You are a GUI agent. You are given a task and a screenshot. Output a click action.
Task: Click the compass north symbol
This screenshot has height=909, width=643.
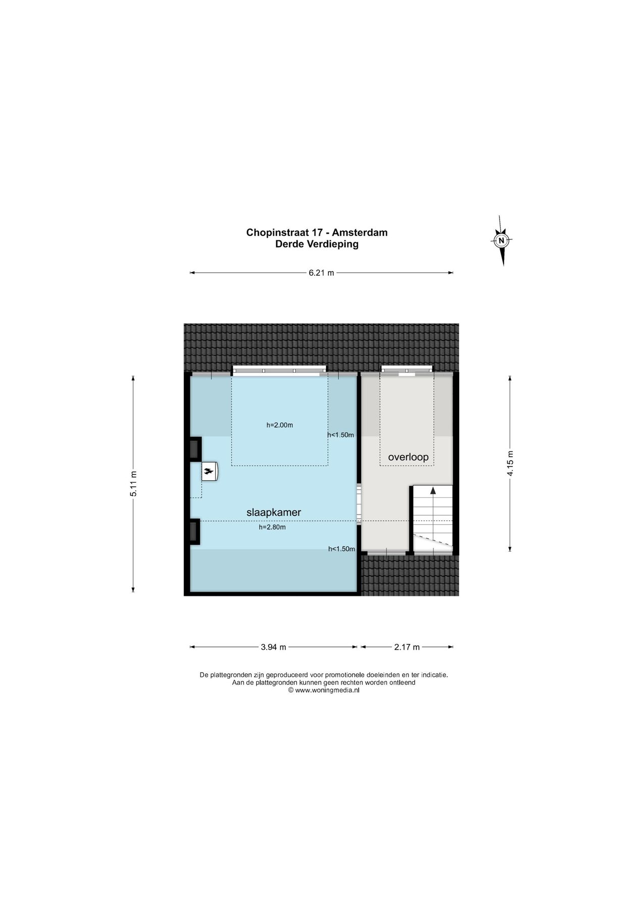point(501,240)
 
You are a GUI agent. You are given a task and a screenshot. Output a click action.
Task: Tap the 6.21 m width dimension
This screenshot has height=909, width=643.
point(321,273)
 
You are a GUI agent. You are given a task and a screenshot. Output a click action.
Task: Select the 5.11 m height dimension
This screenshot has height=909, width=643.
point(133,484)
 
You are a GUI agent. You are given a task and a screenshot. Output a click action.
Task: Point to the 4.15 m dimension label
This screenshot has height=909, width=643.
point(510,463)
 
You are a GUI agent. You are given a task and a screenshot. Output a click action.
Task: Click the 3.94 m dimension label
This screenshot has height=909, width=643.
point(273,647)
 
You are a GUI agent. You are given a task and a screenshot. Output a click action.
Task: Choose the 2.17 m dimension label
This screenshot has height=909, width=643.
point(407,647)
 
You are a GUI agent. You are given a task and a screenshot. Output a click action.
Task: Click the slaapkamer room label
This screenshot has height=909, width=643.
point(273,512)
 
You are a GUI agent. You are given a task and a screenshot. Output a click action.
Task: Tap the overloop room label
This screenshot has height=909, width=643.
point(408,457)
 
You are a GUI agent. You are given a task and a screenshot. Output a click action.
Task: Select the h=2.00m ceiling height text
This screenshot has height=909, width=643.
point(279,425)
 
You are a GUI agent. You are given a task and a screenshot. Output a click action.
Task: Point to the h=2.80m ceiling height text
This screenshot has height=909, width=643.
point(272,527)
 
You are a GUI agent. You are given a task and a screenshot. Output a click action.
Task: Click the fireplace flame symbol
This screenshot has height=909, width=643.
point(208,472)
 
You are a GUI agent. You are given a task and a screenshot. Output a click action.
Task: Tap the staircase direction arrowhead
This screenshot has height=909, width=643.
point(433,490)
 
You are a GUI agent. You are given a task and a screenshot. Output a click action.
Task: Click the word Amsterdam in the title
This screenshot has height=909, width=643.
point(360,233)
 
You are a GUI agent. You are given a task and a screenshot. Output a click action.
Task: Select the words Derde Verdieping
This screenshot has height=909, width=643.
point(317,244)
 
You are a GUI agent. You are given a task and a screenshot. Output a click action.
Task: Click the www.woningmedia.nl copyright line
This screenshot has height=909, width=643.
point(324,690)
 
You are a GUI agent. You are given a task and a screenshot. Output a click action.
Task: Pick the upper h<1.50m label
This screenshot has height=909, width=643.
point(340,435)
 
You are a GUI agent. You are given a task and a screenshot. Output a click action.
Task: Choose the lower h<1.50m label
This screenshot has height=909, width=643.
point(341,549)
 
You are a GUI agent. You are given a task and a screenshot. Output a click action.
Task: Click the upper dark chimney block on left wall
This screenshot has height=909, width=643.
point(194,448)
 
